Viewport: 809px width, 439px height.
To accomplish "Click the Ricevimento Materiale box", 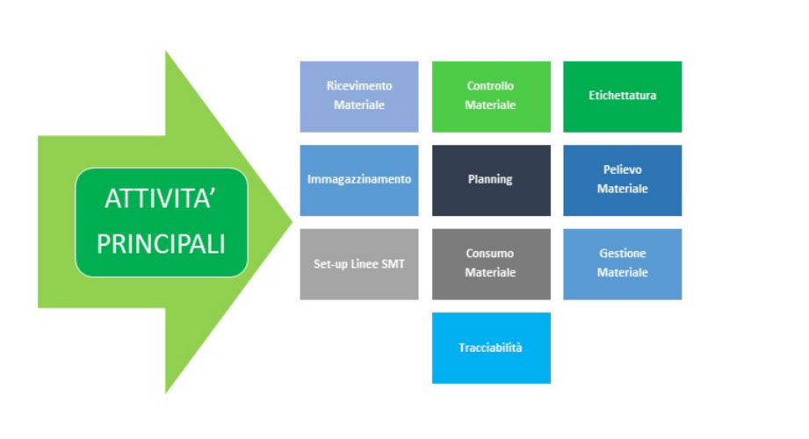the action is click(x=359, y=97).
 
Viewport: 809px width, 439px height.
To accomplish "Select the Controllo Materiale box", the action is click(x=491, y=97).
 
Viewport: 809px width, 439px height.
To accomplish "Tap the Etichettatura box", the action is click(x=622, y=97).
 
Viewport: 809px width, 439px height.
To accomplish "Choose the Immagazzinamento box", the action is click(x=359, y=180).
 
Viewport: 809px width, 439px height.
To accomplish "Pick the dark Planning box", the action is click(x=491, y=180).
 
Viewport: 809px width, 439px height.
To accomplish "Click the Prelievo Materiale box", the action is click(x=622, y=180).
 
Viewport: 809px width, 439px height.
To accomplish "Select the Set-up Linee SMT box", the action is click(x=359, y=264).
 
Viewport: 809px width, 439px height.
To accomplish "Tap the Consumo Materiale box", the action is click(x=491, y=264).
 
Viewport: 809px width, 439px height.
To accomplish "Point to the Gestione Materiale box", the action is click(x=622, y=264).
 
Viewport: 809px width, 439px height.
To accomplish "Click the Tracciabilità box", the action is click(x=491, y=348).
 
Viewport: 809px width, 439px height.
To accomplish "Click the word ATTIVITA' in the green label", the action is click(x=161, y=198).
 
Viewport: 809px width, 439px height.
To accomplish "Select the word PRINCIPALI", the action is click(x=161, y=244).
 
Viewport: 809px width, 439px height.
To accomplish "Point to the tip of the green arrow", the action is click(x=292, y=222).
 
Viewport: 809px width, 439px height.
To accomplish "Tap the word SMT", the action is click(x=394, y=264).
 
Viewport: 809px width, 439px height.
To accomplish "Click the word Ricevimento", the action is click(x=359, y=86).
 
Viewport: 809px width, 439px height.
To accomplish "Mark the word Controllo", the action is click(x=490, y=86).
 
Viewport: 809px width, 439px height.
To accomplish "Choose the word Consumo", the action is click(x=489, y=253).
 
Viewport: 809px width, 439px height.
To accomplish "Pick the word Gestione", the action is click(x=622, y=253).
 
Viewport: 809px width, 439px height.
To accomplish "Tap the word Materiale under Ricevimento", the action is click(x=359, y=104).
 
